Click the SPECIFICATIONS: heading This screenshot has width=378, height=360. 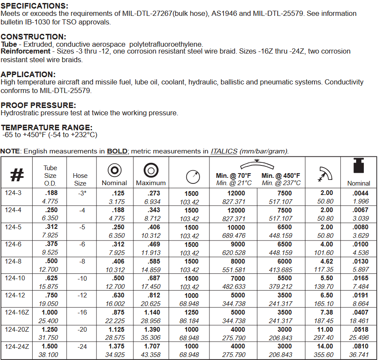click(34, 6)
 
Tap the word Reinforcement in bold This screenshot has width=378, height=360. click(25, 51)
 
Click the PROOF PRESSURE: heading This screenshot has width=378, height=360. click(38, 105)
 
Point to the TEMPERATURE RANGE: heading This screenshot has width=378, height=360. click(46, 128)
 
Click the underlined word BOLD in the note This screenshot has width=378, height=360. click(117, 151)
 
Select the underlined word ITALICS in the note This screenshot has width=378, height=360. click(224, 151)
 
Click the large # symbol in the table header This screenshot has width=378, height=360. click(17, 175)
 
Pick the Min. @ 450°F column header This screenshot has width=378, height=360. click(281, 176)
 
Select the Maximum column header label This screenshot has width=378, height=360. click(151, 183)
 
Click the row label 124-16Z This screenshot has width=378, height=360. click(16, 313)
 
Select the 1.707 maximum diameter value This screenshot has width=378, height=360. click(151, 346)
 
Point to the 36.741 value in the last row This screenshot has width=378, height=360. click(358, 354)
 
